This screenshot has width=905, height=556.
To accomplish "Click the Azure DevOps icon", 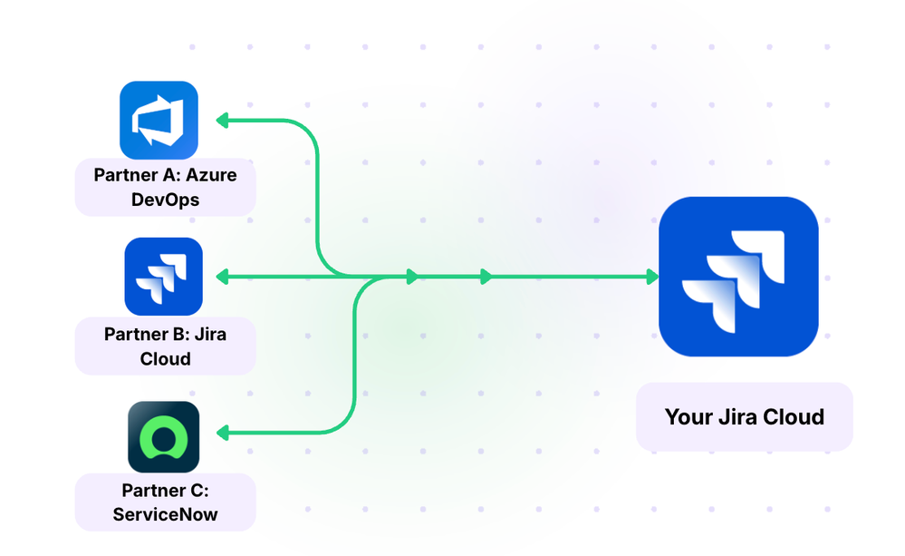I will point(159,120).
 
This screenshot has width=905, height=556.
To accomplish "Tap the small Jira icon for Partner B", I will point(163,277).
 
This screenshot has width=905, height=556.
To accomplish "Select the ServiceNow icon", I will point(163,436).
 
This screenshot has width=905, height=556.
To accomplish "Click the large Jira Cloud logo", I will point(738,277).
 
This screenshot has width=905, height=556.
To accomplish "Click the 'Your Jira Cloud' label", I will point(745,417).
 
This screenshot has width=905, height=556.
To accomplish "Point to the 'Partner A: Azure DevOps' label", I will point(165,187).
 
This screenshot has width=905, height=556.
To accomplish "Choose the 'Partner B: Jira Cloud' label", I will point(165,346).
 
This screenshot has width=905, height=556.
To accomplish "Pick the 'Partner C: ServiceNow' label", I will point(165,502).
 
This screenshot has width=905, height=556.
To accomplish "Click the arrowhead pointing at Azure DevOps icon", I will point(221,120).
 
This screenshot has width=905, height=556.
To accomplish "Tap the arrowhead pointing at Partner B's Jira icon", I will point(221,277).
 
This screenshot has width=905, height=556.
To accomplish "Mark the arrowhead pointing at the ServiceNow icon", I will point(221,434).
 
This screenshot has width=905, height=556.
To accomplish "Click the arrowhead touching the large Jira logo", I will point(652,277).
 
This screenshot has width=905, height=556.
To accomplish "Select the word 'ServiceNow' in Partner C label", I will point(165,515).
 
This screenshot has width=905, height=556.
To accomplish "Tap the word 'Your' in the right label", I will point(687,417).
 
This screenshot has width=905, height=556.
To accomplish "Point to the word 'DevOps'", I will point(165,199).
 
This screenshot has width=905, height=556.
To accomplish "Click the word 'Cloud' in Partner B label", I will point(165,359).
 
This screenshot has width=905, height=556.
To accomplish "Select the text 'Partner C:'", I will point(165,491).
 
